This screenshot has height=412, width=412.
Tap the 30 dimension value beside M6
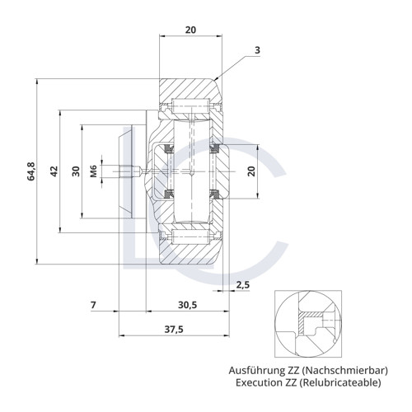click(75, 171)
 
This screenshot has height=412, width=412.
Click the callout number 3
click(258, 51)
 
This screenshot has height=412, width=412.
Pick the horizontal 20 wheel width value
click(191, 29)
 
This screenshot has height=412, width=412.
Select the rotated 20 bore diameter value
click(252, 171)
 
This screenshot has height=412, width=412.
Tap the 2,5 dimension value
click(243, 285)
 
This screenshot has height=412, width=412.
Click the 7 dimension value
click(94, 306)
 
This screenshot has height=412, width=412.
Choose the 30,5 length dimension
click(187, 306)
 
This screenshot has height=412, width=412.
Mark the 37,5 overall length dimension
click(174, 329)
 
